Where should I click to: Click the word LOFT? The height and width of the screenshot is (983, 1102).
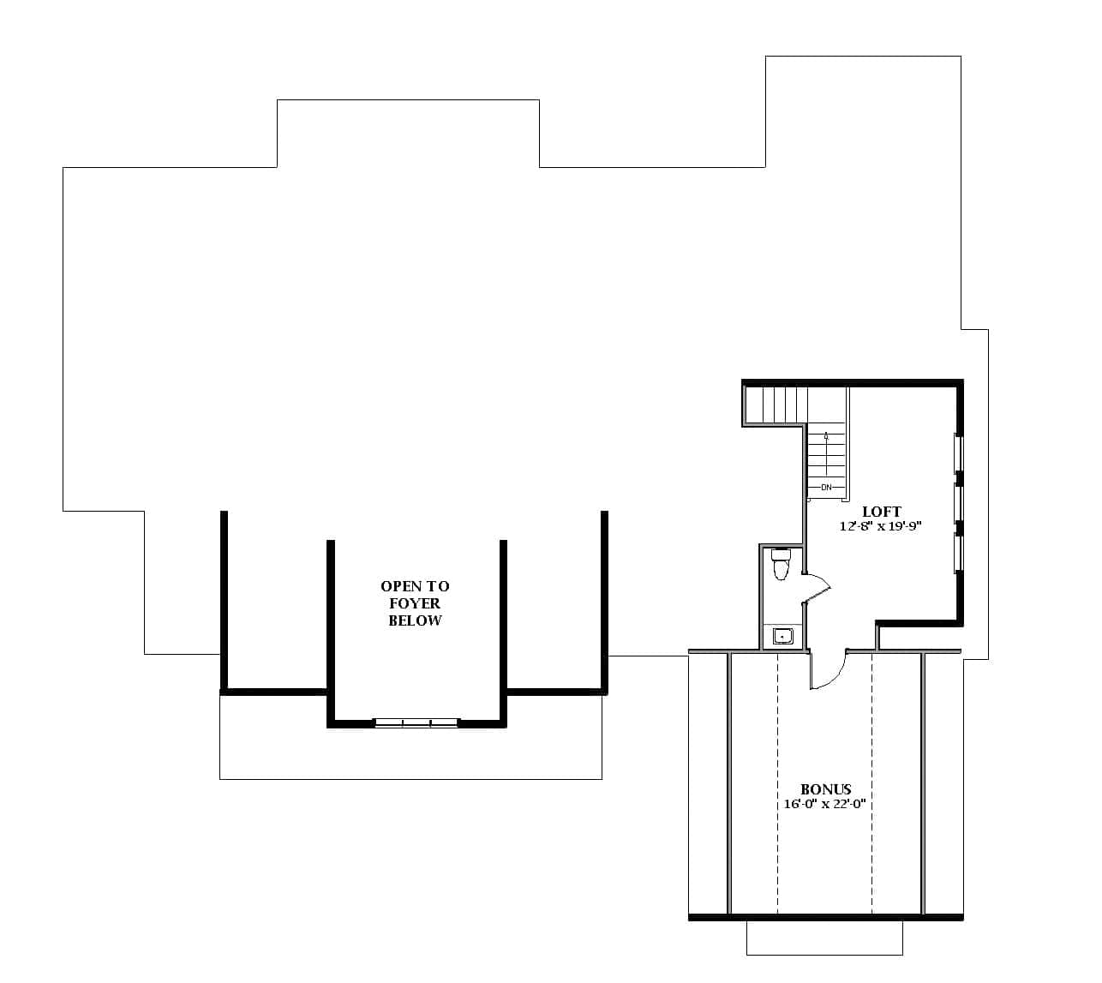tap(881, 512)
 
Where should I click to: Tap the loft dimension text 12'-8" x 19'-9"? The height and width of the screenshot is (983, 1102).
tap(880, 526)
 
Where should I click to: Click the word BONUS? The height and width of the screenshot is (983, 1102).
tap(826, 789)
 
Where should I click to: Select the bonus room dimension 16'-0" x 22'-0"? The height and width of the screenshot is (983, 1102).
tap(826, 804)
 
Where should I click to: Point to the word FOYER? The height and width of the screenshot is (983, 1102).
tap(415, 603)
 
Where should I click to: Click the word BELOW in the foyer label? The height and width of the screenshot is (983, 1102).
tap(415, 620)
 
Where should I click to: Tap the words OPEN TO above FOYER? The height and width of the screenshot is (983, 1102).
tap(415, 586)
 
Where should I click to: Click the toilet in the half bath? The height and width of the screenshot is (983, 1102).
tap(780, 565)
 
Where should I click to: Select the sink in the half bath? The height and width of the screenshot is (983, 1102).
tap(782, 636)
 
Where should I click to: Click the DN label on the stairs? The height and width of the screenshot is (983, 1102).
tap(826, 488)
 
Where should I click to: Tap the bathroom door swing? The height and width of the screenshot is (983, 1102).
tap(818, 587)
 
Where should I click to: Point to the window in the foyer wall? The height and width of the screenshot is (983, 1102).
tap(416, 723)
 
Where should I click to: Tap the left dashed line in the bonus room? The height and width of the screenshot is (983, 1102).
tap(777, 784)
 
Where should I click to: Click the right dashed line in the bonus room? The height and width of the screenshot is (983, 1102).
tap(871, 784)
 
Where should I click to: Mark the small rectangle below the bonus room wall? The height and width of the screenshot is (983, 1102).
tap(824, 938)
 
